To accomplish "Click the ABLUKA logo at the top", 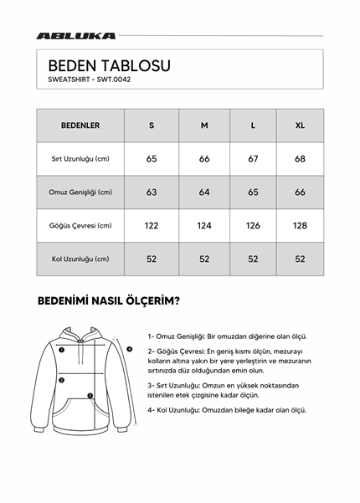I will point(75,36).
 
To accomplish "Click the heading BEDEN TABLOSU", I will point(109,64).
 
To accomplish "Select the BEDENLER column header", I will point(80,126).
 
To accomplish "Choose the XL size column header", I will point(300,126).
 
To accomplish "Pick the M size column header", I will point(204,126).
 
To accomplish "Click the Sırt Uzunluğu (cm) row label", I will point(80,159).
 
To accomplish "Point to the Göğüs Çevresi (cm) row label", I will point(80,226).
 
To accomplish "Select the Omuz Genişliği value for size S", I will point(152,192).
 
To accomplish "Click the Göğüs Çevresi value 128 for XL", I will point(300,226).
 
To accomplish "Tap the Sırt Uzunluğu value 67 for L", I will point(254,159).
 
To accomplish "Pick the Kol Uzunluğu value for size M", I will point(204,259).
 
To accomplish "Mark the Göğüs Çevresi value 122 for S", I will point(152,226).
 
